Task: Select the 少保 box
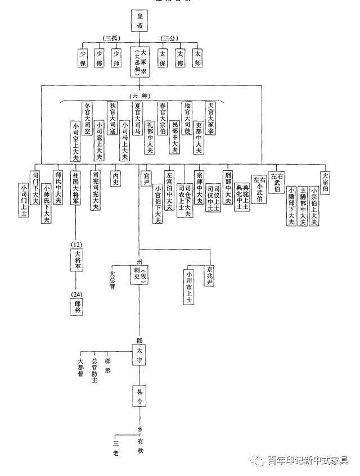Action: (x=83, y=58)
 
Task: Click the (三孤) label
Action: (x=111, y=38)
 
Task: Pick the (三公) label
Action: (x=169, y=38)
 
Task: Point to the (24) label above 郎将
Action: (x=77, y=294)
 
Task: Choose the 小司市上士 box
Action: (x=188, y=287)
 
